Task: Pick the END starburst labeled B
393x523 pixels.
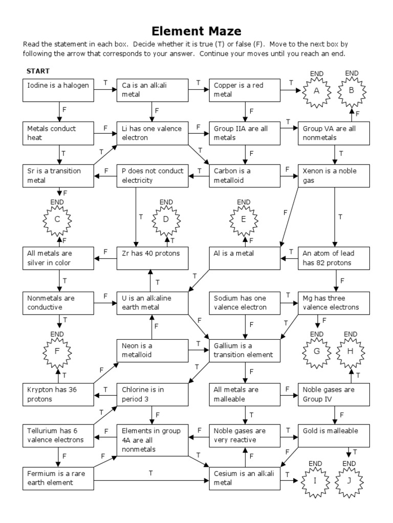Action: click(351, 91)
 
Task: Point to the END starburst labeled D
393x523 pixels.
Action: click(166, 220)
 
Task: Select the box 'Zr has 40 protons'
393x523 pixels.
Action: click(152, 257)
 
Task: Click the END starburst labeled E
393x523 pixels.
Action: click(244, 220)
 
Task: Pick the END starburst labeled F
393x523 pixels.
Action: click(57, 352)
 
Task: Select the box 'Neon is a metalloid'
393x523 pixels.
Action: click(152, 350)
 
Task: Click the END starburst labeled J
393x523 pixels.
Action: click(349, 481)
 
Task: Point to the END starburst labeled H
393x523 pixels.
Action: click(350, 351)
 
